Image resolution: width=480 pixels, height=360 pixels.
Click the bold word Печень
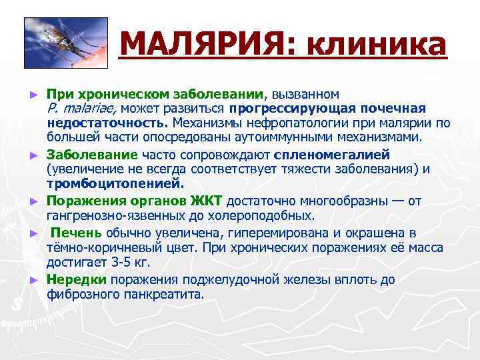tap(78, 233)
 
